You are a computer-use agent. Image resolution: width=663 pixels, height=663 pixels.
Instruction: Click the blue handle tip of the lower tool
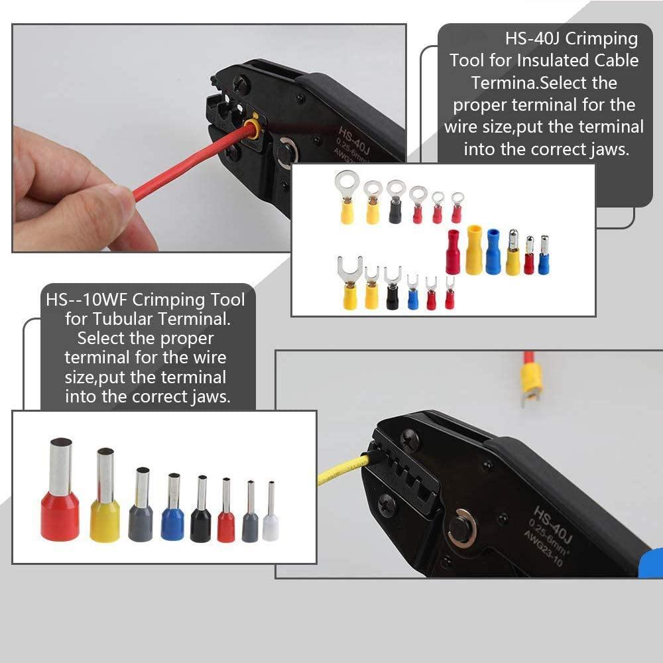[x=654, y=564]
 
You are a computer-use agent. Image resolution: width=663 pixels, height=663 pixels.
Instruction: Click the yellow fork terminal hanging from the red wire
[x=531, y=382]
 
